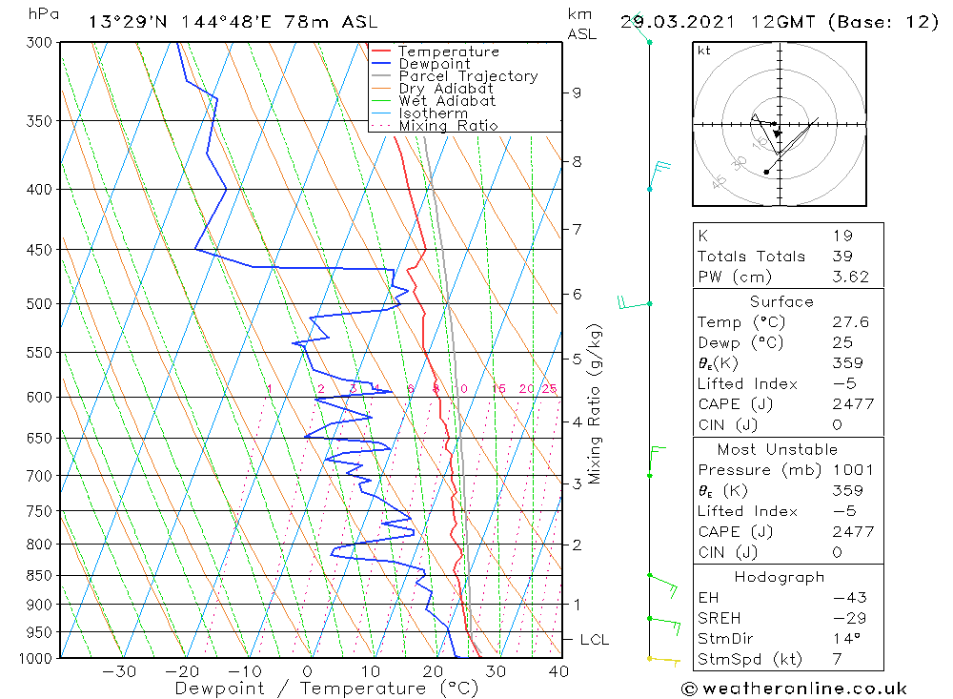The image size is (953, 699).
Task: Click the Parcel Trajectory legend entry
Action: click(468, 76)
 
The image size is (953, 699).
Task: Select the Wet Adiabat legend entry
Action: click(447, 101)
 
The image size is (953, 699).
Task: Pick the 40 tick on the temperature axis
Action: click(559, 671)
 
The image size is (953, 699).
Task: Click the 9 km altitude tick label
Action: click(577, 93)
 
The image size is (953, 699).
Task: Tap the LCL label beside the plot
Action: click(594, 640)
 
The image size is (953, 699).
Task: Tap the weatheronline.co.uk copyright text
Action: click(794, 689)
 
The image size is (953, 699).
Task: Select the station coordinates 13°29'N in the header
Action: click(126, 22)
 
